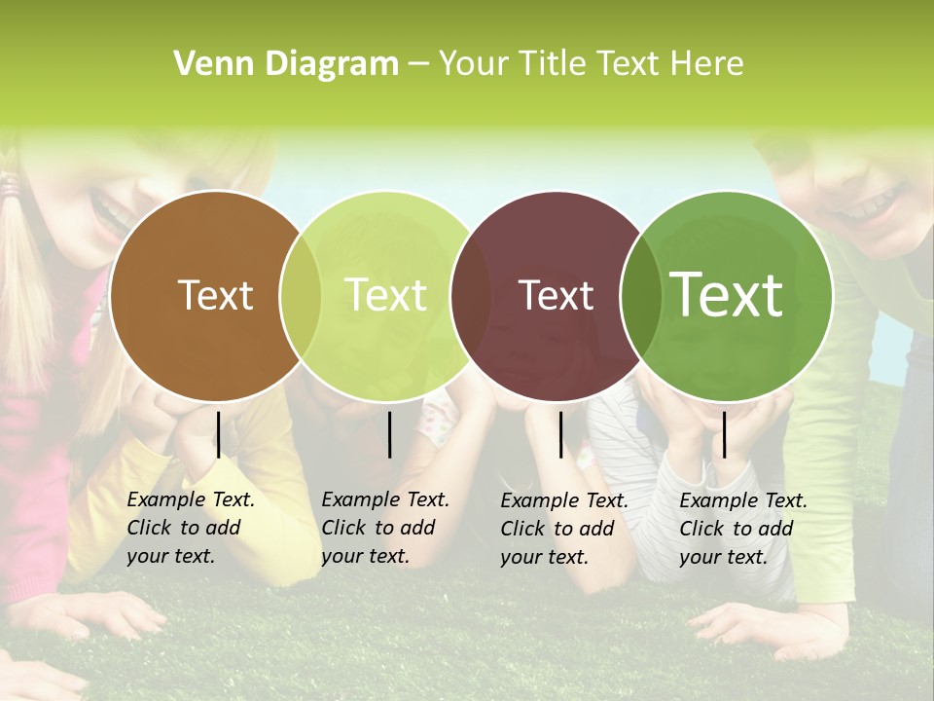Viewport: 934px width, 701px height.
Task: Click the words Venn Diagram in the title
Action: point(286,64)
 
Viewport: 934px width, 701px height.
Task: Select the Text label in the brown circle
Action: point(215,295)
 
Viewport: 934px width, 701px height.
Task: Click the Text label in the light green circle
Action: point(386,295)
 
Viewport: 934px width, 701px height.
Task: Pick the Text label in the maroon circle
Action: point(557,295)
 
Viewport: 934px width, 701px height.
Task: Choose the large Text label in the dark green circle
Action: point(727,294)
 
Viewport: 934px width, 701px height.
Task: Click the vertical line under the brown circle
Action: point(219,434)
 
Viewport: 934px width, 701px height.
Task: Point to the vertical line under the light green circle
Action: point(390,434)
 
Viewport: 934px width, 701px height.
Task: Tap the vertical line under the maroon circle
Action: point(561,434)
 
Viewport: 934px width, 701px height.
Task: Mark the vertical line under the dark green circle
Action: point(724,434)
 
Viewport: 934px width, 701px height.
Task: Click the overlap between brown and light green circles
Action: point(301,295)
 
